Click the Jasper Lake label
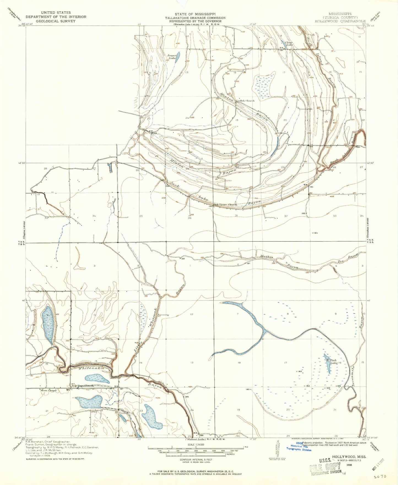[172, 56]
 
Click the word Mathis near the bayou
[266, 257]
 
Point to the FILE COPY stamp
[325, 468]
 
